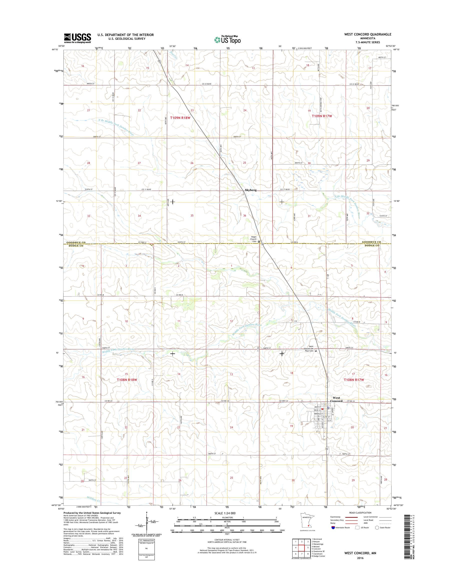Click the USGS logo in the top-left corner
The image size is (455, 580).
[77, 38]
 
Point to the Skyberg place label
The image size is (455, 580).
[251, 190]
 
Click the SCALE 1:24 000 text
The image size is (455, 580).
[225, 520]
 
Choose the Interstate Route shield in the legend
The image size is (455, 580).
[333, 535]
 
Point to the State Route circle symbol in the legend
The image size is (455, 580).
[377, 535]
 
